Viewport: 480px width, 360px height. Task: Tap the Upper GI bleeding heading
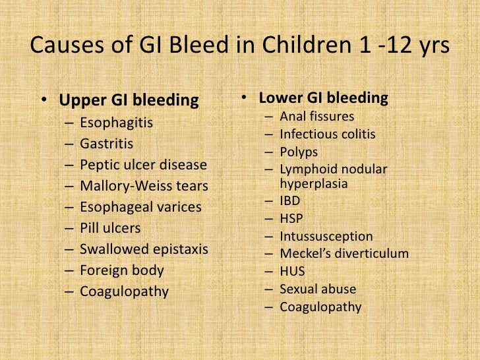[129, 101]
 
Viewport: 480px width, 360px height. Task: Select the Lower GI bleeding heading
[323, 98]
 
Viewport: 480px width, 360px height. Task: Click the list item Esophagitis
[116, 123]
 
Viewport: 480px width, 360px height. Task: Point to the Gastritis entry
[106, 144]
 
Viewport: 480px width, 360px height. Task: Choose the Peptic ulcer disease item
[143, 165]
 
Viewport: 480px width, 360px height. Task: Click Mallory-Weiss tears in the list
[144, 186]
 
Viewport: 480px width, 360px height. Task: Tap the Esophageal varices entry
[140, 207]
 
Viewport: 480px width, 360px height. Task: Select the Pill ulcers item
[110, 228]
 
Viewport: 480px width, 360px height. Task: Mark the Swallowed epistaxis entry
[144, 249]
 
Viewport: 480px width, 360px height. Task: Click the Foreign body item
[121, 270]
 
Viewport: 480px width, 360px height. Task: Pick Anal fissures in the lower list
[316, 117]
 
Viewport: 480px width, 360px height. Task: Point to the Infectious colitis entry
[327, 135]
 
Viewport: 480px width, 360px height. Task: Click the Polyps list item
[298, 152]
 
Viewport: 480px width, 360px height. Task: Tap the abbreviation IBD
[290, 200]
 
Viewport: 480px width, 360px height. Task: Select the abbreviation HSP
[291, 218]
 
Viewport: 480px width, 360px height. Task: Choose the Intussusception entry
[326, 235]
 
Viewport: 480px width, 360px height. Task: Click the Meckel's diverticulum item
[344, 253]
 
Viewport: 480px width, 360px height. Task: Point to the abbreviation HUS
[292, 271]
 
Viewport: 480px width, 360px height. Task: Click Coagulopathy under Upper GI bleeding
[124, 291]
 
